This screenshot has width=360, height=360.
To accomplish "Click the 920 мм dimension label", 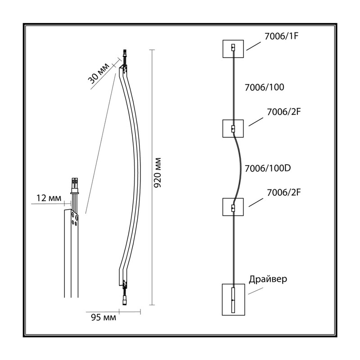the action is [157, 173].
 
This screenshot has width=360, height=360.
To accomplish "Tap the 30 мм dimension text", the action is [99, 73].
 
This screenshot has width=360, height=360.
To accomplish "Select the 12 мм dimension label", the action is [49, 198].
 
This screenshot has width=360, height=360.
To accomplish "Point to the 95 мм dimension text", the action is [103, 317].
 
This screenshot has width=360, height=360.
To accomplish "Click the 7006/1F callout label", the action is [281, 36].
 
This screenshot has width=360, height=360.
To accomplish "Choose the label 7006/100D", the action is [268, 168].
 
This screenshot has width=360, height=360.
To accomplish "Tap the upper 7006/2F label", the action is [284, 112].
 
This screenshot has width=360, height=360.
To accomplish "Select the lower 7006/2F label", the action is [284, 193].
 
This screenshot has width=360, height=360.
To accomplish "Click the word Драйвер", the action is [268, 279].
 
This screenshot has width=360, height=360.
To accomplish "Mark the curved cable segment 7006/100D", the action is [240, 167].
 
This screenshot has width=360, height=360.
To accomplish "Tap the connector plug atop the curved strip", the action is [125, 54].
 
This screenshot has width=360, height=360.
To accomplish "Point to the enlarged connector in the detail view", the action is [75, 186].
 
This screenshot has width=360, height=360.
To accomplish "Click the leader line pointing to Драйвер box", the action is [255, 291].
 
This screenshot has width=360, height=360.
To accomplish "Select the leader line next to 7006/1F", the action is [254, 46].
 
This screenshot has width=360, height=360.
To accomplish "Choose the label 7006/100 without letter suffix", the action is [264, 87].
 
